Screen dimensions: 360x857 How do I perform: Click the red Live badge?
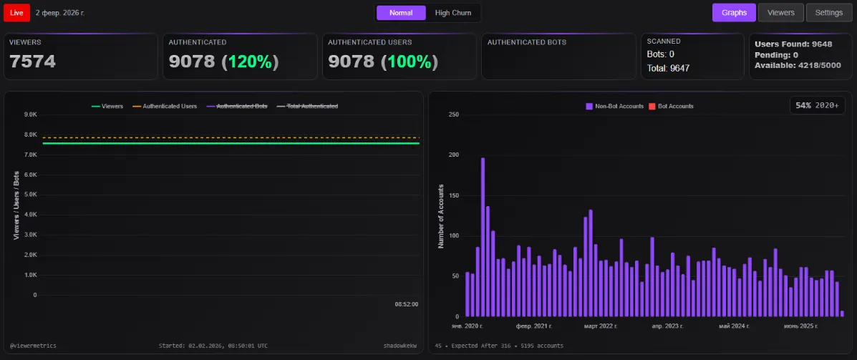pyautogui.click(x=16, y=13)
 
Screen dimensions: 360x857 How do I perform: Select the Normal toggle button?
pyautogui.click(x=401, y=13)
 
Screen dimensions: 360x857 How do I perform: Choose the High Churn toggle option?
pyautogui.click(x=452, y=13)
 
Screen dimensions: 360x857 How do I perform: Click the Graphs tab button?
pyautogui.click(x=734, y=13)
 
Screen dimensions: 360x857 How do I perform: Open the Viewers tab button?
pyautogui.click(x=780, y=13)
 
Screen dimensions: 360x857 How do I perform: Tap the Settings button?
pyautogui.click(x=829, y=13)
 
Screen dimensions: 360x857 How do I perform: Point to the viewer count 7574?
pyautogui.click(x=32, y=62)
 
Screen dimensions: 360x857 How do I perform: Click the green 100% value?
pyautogui.click(x=409, y=62)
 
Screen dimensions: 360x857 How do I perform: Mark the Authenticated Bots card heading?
pyautogui.click(x=527, y=42)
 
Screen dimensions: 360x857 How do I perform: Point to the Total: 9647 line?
pyautogui.click(x=668, y=68)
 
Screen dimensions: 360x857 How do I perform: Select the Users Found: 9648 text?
pyautogui.click(x=793, y=44)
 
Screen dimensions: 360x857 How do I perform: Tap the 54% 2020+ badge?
pyautogui.click(x=818, y=105)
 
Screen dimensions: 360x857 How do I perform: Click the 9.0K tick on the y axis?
pyautogui.click(x=30, y=115)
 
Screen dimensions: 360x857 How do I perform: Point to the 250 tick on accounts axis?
pyautogui.click(x=452, y=115)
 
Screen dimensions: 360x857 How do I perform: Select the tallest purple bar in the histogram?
pyautogui.click(x=483, y=236)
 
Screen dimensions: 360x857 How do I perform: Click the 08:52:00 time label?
pyautogui.click(x=406, y=304)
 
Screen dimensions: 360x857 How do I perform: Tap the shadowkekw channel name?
pyautogui.click(x=400, y=346)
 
